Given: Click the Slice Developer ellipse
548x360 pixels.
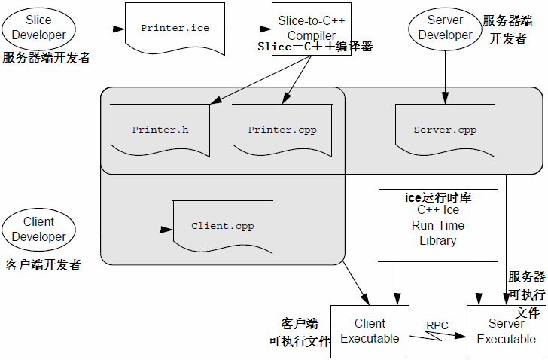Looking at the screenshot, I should tap(38, 27).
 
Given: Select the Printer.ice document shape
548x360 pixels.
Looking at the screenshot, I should tap(175, 29).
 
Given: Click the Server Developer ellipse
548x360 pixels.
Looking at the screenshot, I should tap(445, 27).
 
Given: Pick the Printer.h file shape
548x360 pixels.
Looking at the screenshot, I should tap(160, 130).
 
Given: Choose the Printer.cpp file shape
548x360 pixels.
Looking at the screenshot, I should tap(282, 130).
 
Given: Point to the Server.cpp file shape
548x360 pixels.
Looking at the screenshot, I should tap(445, 130).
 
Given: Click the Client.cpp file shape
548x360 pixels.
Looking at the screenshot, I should tap(222, 225).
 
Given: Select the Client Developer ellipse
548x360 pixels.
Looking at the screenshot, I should tap(38, 229).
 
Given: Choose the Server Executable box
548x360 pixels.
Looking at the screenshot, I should tap(506, 331).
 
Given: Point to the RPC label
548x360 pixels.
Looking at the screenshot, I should tap(437, 325).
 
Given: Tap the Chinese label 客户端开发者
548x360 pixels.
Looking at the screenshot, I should tap(43, 265).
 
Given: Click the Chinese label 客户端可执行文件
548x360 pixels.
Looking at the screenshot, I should tap(300, 332).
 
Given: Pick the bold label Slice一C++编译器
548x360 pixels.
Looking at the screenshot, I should tap(315, 47).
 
